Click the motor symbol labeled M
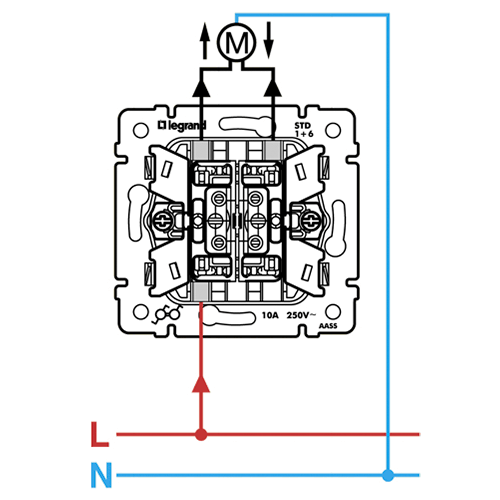(x=236, y=42)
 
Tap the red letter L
(x=100, y=434)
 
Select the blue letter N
(x=101, y=475)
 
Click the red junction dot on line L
(x=201, y=434)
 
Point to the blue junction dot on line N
(x=388, y=475)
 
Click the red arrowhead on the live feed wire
(x=201, y=384)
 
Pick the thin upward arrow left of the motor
(x=205, y=41)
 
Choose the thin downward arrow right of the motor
(x=268, y=41)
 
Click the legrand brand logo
(x=182, y=126)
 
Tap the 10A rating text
(x=270, y=315)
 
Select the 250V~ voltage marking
(x=301, y=315)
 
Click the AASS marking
(x=328, y=326)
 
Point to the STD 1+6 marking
(x=304, y=130)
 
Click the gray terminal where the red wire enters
(x=201, y=291)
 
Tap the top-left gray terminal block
(x=201, y=150)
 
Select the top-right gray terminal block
(x=273, y=150)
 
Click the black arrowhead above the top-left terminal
(x=201, y=88)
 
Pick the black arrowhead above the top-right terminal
(x=273, y=88)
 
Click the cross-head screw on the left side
(x=163, y=220)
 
